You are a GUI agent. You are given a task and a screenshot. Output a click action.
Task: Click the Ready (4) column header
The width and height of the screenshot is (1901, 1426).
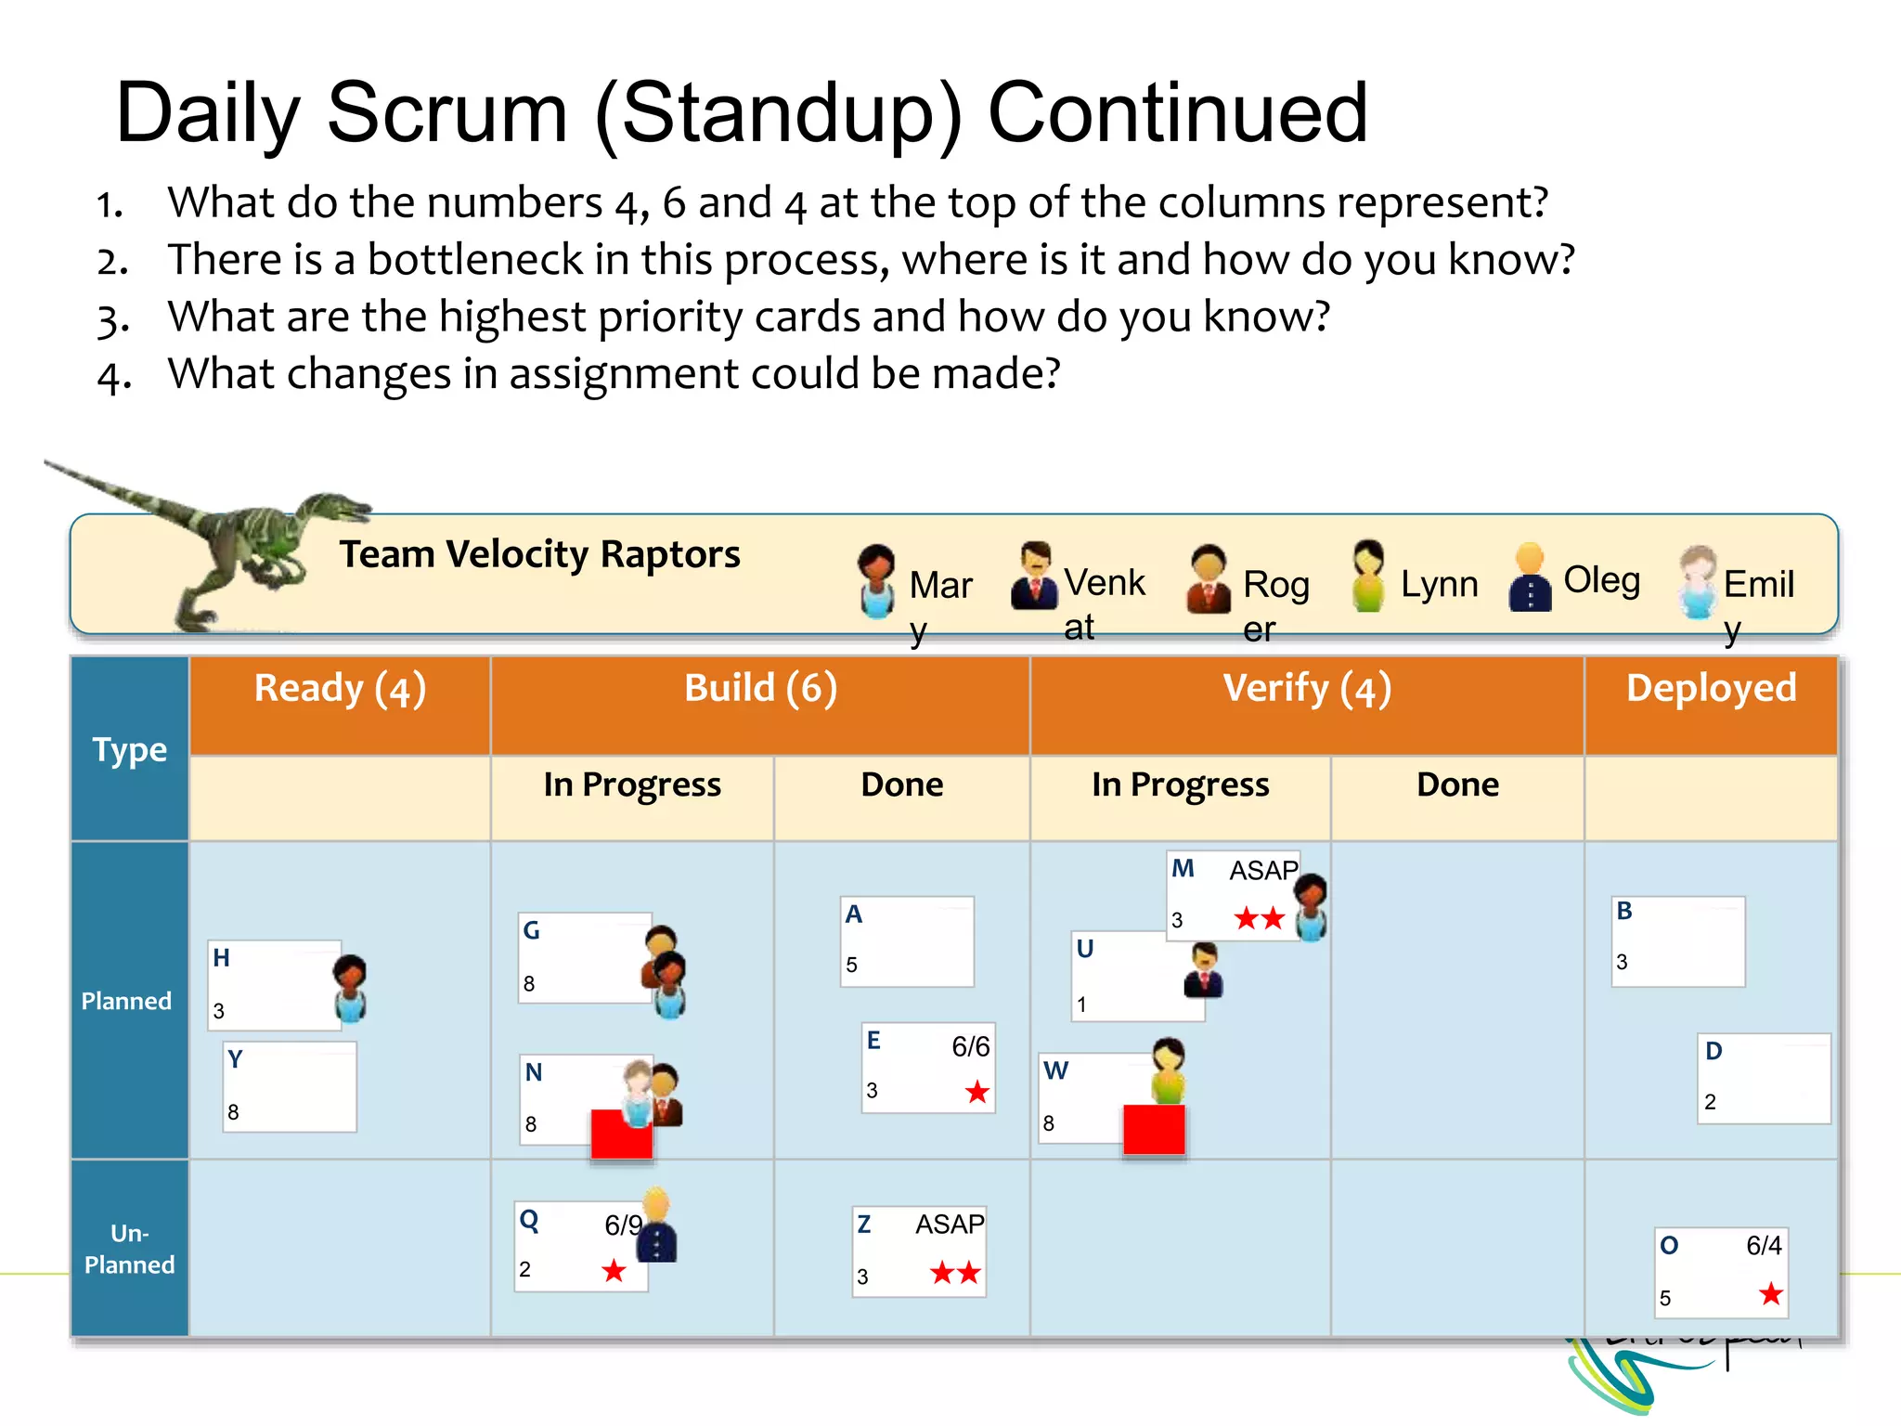pos(340,689)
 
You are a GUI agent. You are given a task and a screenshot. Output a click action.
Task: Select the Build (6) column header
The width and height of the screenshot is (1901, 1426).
pos(760,689)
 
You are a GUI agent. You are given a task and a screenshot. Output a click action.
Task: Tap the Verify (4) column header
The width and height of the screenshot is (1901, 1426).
pos(1306,689)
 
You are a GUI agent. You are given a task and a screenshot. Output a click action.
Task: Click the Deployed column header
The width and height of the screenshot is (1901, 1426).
pos(1711,689)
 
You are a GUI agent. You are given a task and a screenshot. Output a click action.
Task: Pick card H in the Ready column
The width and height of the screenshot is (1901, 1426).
pos(274,985)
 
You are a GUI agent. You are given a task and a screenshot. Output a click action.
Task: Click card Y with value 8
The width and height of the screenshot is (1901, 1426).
pos(290,1086)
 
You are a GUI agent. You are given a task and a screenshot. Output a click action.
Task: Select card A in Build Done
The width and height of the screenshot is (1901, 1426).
pos(907,940)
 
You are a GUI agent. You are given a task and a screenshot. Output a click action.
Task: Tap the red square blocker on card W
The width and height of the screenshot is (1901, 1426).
pos(1154,1130)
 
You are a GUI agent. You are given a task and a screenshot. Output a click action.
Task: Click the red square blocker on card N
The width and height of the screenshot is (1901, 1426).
pos(621,1134)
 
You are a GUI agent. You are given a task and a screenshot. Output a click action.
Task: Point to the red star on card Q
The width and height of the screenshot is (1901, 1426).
pos(614,1270)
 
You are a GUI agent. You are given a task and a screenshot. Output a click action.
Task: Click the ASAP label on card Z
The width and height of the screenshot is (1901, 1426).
pos(949,1225)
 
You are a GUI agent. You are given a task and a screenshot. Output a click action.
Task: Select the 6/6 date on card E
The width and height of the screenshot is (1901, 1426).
pos(971,1047)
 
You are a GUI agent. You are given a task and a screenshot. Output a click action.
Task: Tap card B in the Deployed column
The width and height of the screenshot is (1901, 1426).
pos(1677,940)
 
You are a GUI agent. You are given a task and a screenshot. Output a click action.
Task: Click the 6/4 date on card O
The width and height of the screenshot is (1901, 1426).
pos(1764,1246)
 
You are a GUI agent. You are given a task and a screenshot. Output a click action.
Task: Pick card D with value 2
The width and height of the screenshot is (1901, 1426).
pos(1763,1078)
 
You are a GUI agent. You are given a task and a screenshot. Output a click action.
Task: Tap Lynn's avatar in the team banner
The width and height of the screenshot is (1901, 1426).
pos(1367,577)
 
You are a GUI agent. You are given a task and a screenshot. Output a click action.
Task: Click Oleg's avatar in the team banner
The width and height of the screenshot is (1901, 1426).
pos(1530,578)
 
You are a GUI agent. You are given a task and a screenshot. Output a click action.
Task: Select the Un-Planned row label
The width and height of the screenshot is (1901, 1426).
pos(129,1249)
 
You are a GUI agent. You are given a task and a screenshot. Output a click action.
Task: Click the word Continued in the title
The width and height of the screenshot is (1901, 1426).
pos(1177,113)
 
